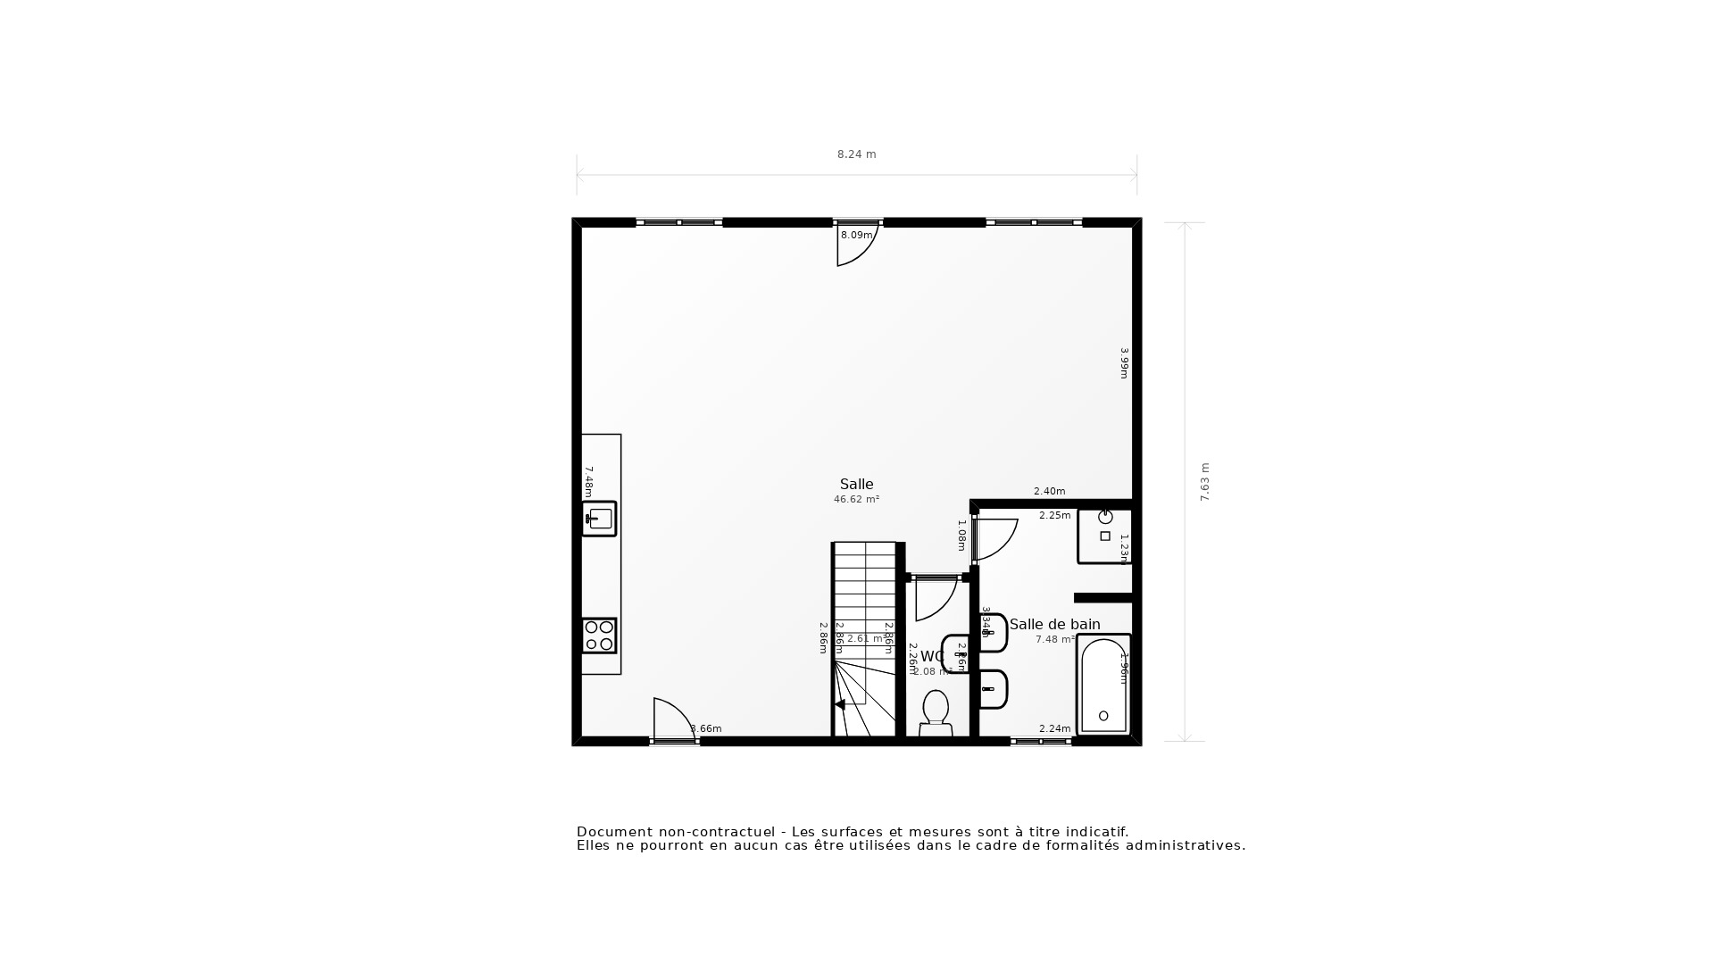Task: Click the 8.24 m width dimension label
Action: tap(856, 154)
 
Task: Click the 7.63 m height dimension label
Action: tap(1204, 482)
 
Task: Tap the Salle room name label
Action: tap(856, 484)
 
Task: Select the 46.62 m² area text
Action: tap(856, 500)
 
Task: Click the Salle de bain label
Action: tap(1054, 624)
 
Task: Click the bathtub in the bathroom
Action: tap(1104, 684)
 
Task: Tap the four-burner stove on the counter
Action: tap(599, 636)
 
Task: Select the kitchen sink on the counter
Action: tap(599, 519)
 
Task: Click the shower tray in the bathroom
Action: tap(1104, 536)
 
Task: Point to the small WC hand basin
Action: tap(956, 653)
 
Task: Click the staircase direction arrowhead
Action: tap(839, 704)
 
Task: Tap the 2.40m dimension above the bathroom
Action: tap(1049, 491)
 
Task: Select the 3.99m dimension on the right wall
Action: tap(1125, 363)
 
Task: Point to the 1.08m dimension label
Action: tap(961, 535)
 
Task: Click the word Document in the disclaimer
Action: tap(614, 832)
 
